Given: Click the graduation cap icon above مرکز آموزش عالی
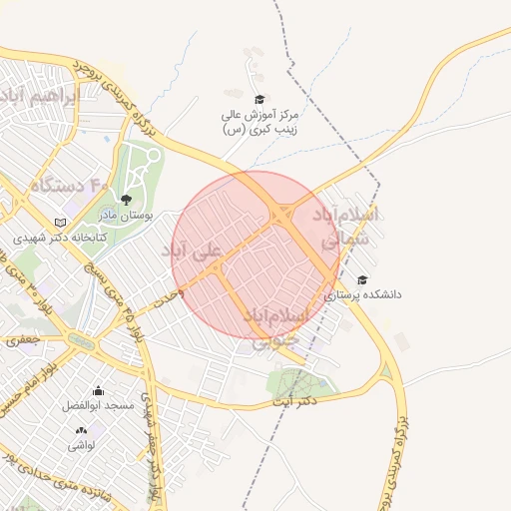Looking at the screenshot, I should point(259,99).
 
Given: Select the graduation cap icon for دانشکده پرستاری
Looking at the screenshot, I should point(362,280).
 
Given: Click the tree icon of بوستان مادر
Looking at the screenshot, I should point(124,200).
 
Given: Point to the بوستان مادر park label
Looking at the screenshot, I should point(122,215).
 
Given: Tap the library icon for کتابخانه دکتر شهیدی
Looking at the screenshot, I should point(62,223).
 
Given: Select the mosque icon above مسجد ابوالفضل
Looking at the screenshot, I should point(98,391).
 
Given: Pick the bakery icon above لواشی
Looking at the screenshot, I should point(81,430).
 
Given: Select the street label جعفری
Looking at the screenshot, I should point(21,341).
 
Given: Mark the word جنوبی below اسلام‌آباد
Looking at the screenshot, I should point(273,341).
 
